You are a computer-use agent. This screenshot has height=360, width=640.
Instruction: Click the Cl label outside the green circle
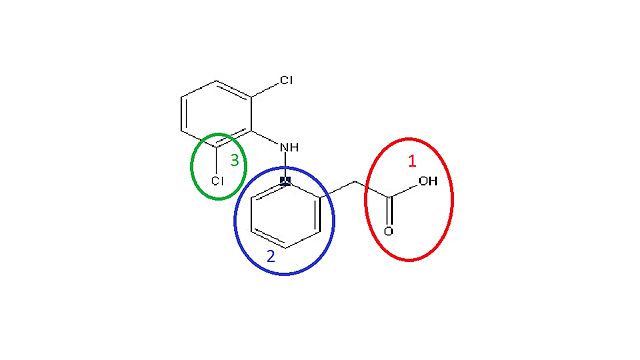[x=287, y=79]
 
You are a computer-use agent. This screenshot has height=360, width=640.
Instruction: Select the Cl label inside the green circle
[x=217, y=181]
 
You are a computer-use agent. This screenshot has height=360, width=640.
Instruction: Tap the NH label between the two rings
[x=289, y=149]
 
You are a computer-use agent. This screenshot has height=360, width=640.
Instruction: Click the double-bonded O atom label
[x=388, y=231]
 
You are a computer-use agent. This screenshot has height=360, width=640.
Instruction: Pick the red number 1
[x=413, y=160]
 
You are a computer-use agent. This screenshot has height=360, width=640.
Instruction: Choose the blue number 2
[x=270, y=257]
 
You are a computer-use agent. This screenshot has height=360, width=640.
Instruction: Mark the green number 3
[x=234, y=159]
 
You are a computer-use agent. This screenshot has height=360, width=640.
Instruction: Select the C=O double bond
[x=388, y=213]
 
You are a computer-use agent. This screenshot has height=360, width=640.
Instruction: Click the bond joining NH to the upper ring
[x=266, y=139]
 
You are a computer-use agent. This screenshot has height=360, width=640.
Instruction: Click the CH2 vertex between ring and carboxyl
[x=355, y=183]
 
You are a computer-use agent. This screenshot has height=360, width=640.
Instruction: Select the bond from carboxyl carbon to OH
[x=404, y=190]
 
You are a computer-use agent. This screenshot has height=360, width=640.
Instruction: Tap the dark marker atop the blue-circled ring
[x=285, y=181]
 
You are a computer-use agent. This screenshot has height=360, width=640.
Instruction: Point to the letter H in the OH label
[x=433, y=182]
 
